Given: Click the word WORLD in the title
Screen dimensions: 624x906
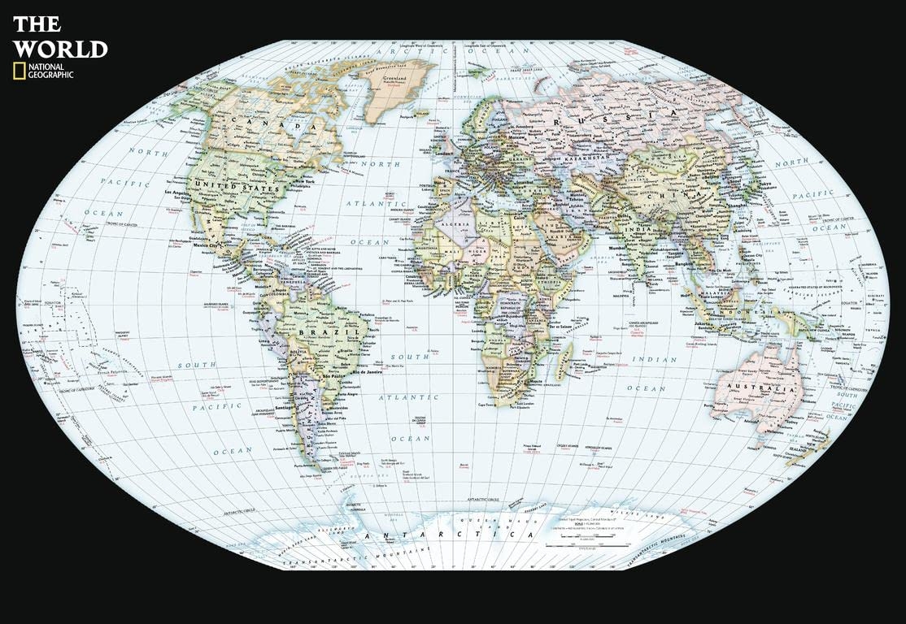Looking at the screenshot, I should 61,49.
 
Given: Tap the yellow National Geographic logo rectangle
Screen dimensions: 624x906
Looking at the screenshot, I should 17,71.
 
